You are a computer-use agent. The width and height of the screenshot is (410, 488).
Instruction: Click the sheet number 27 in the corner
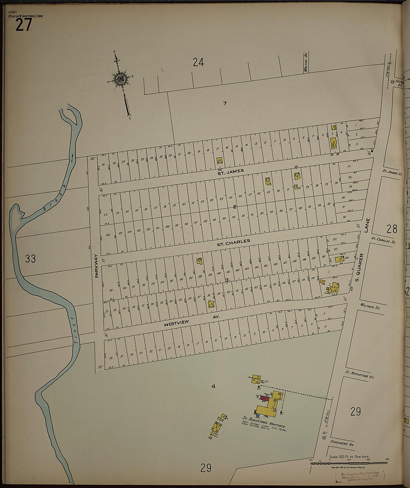[23, 25]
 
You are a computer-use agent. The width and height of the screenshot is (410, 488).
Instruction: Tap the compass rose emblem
[120, 79]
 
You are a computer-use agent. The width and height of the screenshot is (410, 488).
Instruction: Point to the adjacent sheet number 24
[198, 62]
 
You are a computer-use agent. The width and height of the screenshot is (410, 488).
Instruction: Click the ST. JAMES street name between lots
[231, 171]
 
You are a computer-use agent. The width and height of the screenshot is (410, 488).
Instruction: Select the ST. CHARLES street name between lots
[233, 242]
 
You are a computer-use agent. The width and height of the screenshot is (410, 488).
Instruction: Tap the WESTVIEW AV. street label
[192, 321]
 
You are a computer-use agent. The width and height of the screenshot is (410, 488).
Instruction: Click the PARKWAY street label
[96, 266]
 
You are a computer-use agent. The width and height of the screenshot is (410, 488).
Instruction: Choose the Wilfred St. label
[370, 307]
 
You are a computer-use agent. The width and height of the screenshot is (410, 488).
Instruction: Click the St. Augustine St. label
[360, 374]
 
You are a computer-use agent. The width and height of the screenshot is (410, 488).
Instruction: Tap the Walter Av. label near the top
[305, 62]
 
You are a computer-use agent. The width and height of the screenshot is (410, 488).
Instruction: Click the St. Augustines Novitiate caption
[264, 422]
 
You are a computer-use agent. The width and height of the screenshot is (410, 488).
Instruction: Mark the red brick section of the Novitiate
[265, 399]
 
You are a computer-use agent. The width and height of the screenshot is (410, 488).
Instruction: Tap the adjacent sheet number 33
[30, 258]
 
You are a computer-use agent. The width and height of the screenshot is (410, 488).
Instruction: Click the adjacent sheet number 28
[392, 229]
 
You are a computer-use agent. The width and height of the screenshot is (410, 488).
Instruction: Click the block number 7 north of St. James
[225, 103]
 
